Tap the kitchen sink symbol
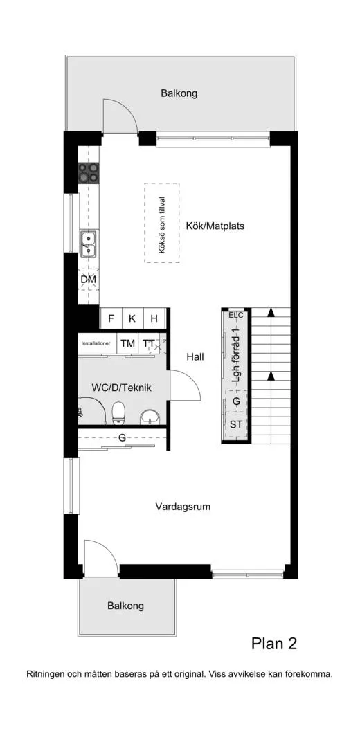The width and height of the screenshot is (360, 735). click(x=88, y=241)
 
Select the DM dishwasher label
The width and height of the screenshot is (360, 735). click(x=88, y=280)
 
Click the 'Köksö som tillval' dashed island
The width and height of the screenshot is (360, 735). click(x=161, y=222)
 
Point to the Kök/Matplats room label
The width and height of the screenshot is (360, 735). click(x=215, y=226)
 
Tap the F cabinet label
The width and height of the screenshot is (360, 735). click(x=110, y=319)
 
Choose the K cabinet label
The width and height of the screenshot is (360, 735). click(x=132, y=319)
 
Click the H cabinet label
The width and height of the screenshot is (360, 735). click(x=154, y=319)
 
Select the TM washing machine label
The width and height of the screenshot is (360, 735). click(x=127, y=343)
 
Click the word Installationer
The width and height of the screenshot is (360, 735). click(x=96, y=343)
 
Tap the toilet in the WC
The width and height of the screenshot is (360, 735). click(x=118, y=412)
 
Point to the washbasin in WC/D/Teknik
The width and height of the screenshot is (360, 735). click(x=150, y=416)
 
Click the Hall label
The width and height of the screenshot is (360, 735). click(x=195, y=357)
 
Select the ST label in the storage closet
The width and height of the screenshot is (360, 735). click(x=236, y=424)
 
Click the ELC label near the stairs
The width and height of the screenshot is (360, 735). click(x=236, y=315)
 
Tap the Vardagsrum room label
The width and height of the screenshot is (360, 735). click(x=183, y=507)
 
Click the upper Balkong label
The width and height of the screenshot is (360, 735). click(x=179, y=93)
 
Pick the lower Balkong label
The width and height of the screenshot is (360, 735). click(x=125, y=606)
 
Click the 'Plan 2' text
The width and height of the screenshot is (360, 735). click(x=273, y=644)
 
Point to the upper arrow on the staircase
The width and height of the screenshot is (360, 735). click(x=271, y=313)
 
